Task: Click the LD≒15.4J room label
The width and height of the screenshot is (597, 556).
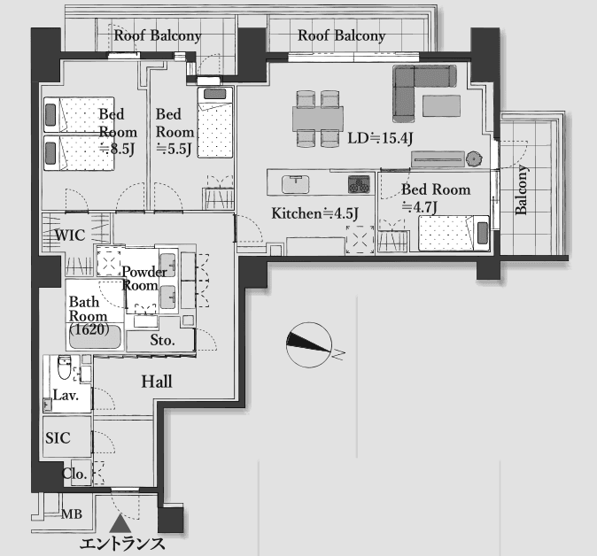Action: [x=380, y=138]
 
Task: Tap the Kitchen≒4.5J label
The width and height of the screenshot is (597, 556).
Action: [x=314, y=213]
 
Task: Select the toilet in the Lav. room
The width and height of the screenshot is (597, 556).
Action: [x=65, y=367]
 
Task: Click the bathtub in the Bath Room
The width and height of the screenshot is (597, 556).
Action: [x=96, y=336]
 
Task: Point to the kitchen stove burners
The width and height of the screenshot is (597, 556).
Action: [x=359, y=184]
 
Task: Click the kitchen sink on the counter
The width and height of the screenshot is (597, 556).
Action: [x=295, y=184]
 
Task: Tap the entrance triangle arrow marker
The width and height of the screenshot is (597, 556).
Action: [x=120, y=523]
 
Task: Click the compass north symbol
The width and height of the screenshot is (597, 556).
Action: [x=309, y=344]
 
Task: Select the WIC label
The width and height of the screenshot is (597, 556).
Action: [x=70, y=236]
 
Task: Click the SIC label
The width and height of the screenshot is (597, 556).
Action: [x=58, y=437]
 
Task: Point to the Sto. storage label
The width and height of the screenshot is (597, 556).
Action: [x=163, y=340]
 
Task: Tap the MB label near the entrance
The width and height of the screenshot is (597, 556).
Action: [x=72, y=514]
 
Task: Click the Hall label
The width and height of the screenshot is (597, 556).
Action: [x=157, y=382]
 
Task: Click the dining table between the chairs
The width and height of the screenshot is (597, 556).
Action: [x=318, y=119]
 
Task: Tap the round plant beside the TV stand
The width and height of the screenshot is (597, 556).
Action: [x=475, y=158]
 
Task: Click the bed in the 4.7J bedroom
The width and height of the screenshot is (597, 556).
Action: [x=454, y=233]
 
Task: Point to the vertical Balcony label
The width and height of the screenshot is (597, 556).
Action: [x=521, y=189]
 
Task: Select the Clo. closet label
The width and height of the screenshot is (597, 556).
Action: [x=74, y=474]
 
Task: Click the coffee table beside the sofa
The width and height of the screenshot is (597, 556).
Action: [x=441, y=105]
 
